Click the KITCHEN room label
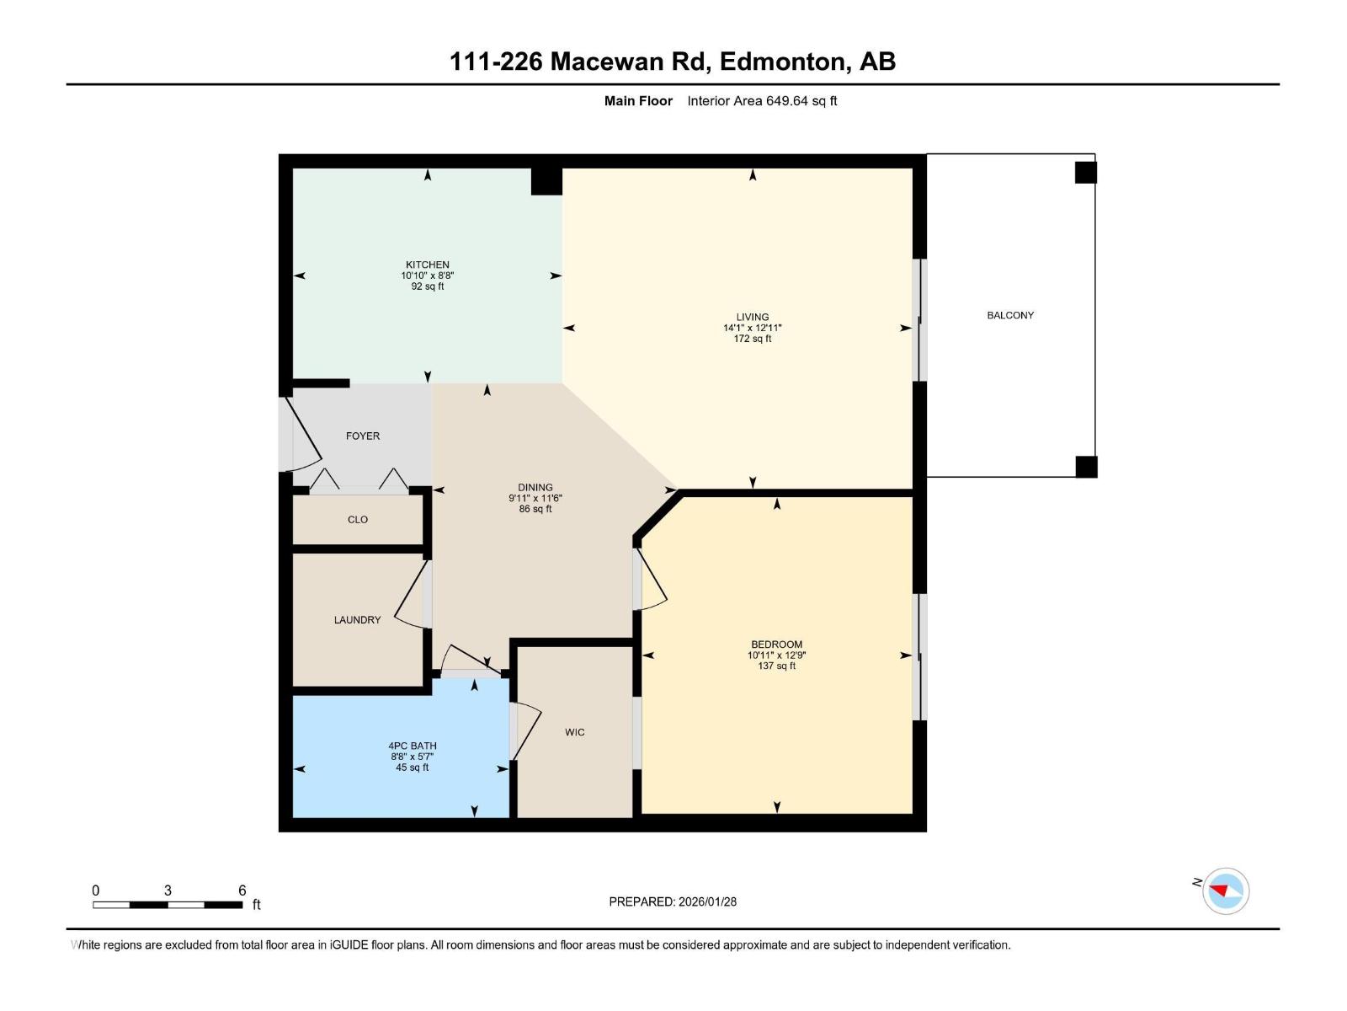[427, 265]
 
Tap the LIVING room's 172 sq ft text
[752, 339]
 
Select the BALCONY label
[1010, 315]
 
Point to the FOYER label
[363, 436]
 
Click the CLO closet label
[358, 520]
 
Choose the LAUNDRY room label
[357, 620]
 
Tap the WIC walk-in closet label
[575, 732]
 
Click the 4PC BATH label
[413, 746]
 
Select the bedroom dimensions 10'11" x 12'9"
[776, 655]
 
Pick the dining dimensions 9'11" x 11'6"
[535, 498]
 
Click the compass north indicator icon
[1225, 891]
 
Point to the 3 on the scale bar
[168, 891]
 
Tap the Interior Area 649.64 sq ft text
[762, 101]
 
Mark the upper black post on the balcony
[1086, 173]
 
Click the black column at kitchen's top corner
[546, 181]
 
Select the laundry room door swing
[410, 595]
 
